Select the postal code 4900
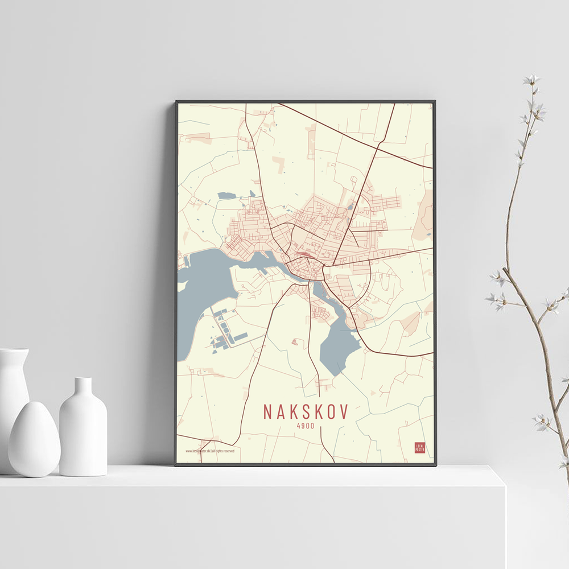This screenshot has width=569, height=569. click(306, 426)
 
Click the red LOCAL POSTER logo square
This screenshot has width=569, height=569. click(419, 448)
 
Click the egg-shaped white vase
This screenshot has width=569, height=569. click(34, 439)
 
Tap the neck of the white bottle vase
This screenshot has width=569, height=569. click(83, 387)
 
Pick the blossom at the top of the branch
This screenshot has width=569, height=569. click(532, 80)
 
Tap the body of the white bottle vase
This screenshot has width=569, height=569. click(83, 438)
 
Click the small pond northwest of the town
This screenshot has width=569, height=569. click(226, 196)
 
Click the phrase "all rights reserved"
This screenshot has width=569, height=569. click(224, 451)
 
